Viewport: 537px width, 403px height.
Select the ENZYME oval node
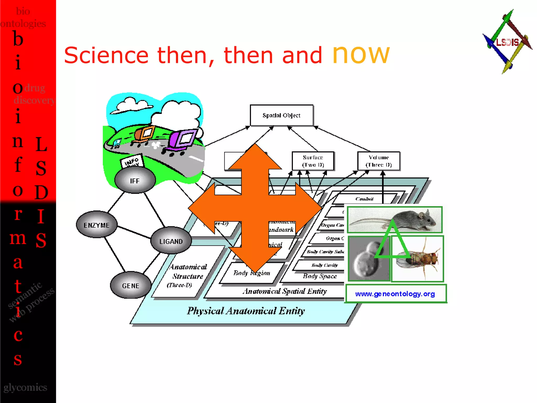tap(96, 225)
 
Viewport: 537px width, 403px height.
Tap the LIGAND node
tap(171, 241)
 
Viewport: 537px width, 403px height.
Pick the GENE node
tap(131, 285)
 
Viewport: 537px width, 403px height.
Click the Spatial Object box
tap(281, 115)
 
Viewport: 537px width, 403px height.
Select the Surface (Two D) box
tap(313, 161)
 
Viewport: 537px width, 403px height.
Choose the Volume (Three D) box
tap(379, 161)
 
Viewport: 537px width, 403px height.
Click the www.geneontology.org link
tap(395, 294)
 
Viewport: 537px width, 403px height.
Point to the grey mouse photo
tap(395, 220)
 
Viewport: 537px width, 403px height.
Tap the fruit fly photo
tap(417, 259)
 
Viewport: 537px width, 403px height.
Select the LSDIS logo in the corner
tap(507, 42)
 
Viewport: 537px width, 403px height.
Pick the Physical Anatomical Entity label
tap(246, 311)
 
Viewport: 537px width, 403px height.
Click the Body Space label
tap(320, 276)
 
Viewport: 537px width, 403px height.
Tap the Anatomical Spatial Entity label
tap(285, 291)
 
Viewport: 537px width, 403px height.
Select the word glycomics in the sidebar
tap(25, 388)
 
